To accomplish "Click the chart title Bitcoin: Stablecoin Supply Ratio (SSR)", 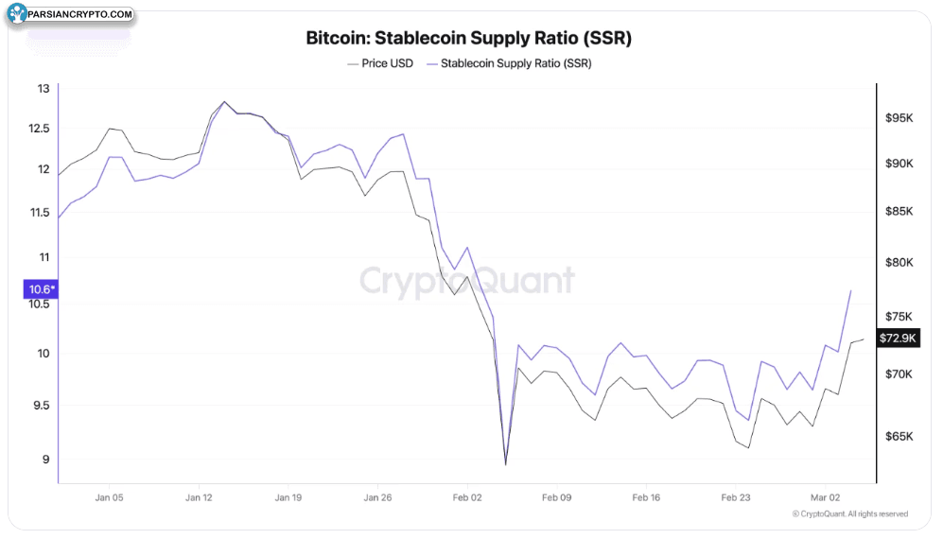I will coord(468,39).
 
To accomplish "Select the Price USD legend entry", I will coord(380,63).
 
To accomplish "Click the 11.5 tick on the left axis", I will coord(40,213).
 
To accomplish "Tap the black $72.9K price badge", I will coord(898,338).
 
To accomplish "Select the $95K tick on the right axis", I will coord(899,118).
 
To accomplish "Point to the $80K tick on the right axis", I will coord(899,263).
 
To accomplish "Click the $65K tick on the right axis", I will coord(899,437).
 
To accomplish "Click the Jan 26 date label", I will coord(377,496).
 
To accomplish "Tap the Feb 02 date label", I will coord(467,496).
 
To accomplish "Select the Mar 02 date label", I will coord(826,496).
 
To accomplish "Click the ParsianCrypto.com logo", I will coord(71,15).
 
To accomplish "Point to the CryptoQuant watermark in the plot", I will coord(466,281).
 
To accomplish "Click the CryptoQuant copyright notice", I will coord(849,514).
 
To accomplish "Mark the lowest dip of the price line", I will coord(506,464).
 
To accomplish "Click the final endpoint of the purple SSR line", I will coord(851,291).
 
